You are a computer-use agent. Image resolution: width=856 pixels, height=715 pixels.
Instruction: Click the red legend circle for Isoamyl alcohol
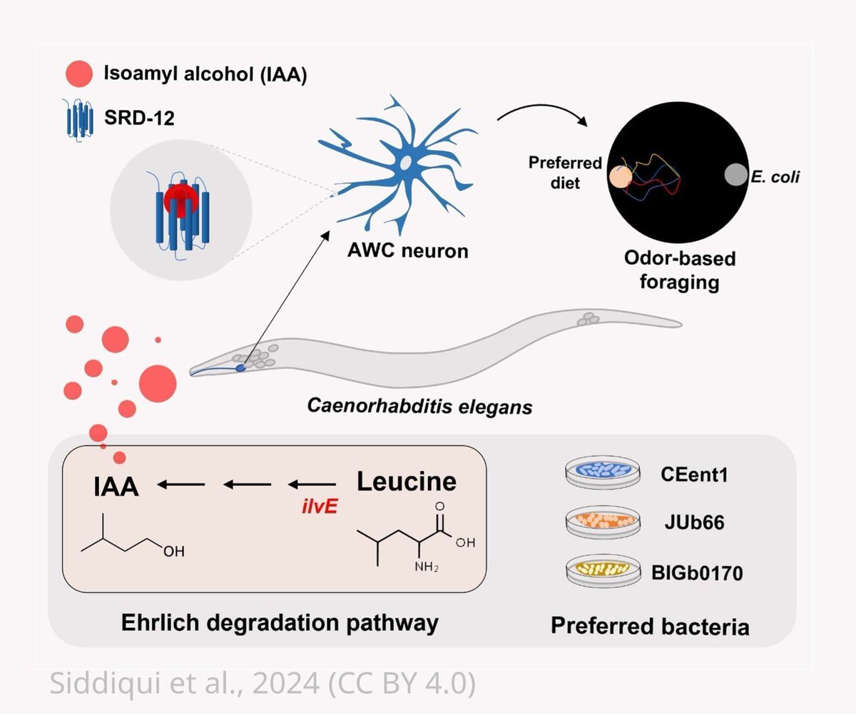tap(79, 73)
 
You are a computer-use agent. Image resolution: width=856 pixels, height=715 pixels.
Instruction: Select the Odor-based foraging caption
tap(676, 269)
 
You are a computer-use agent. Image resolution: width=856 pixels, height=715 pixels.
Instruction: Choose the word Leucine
tap(406, 482)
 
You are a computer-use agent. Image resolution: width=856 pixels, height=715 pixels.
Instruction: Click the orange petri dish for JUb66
tap(599, 522)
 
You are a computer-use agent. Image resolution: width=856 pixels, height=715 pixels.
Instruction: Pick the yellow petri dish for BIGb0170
tap(599, 571)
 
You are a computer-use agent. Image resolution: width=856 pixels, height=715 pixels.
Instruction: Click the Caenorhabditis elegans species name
tap(419, 407)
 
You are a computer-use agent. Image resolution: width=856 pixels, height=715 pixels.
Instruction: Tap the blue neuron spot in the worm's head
tap(240, 367)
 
